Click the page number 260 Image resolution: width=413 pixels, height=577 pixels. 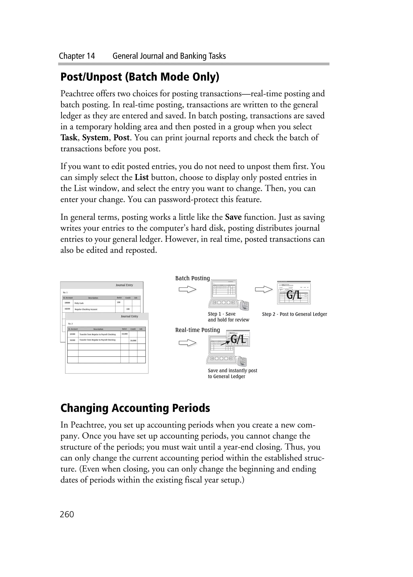pyautogui.click(x=67, y=514)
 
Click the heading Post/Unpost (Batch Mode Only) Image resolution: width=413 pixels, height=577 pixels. pyautogui.click(x=140, y=77)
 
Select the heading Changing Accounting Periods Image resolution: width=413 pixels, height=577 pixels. pyautogui.click(x=135, y=408)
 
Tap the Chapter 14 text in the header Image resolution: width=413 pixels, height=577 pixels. pyautogui.click(x=77, y=56)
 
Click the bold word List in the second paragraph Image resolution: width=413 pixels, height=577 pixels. pyautogui.click(x=142, y=177)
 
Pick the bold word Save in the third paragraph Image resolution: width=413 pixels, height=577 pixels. pyautogui.click(x=233, y=217)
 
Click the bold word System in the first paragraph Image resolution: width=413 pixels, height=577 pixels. pyautogui.click(x=95, y=138)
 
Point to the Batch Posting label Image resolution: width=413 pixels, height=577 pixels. pyautogui.click(x=192, y=278)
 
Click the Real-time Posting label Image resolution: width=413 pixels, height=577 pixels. pyautogui.click(x=197, y=330)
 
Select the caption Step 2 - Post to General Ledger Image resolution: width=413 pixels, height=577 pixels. pyautogui.click(x=294, y=314)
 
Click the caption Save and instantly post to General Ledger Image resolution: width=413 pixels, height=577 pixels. pyautogui.click(x=232, y=374)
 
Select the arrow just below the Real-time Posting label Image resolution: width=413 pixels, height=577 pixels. pyautogui.click(x=187, y=343)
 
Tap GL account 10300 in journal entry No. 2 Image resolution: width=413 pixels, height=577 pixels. pyautogui.click(x=72, y=334)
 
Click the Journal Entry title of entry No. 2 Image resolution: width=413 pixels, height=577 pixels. pyautogui.click(x=129, y=316)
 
